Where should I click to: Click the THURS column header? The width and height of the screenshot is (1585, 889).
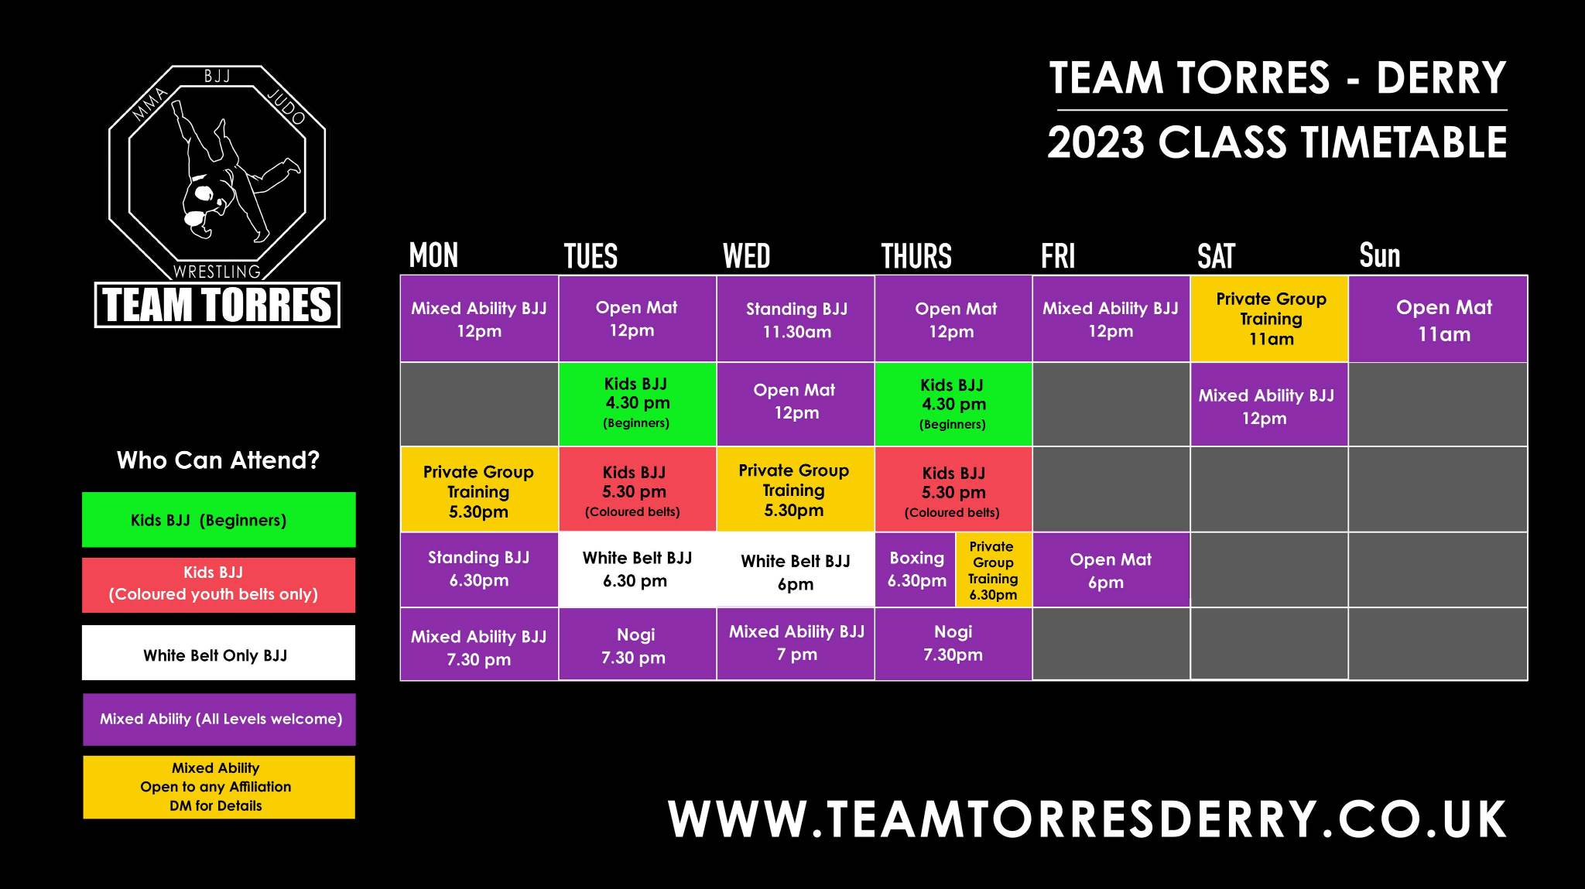coord(916,256)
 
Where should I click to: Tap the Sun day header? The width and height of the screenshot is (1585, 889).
coord(1380,255)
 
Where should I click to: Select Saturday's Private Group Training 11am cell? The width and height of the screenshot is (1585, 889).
coord(1269,319)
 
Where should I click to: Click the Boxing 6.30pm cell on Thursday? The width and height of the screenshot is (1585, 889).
coord(916,569)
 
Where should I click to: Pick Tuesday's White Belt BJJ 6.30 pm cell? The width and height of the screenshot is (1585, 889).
coord(637,569)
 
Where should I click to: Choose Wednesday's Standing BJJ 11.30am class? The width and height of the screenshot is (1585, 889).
coord(796,319)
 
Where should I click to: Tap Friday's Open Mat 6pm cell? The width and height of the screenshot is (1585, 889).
coord(1111,569)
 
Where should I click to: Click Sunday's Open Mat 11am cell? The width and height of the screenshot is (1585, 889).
coord(1438,319)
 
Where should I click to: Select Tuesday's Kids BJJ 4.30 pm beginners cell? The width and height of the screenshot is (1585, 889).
coord(637,404)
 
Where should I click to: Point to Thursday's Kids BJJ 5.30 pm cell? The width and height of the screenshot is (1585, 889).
coord(953,489)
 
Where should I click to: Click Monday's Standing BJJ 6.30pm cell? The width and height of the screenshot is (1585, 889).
coord(479,569)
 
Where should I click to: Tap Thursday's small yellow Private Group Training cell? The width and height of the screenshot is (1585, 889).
coord(994,569)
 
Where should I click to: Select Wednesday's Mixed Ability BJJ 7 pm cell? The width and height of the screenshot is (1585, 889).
coord(796,644)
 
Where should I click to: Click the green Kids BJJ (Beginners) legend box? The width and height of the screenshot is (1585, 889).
coord(219,520)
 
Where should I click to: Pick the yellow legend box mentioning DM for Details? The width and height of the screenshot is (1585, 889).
coord(219,787)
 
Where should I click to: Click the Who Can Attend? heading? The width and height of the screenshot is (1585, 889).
coord(218,460)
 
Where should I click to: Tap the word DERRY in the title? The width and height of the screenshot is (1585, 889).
coord(1441,78)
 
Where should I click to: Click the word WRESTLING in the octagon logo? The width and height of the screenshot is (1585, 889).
coord(217,272)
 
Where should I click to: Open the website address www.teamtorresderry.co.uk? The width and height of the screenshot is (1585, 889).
coord(1087,819)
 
